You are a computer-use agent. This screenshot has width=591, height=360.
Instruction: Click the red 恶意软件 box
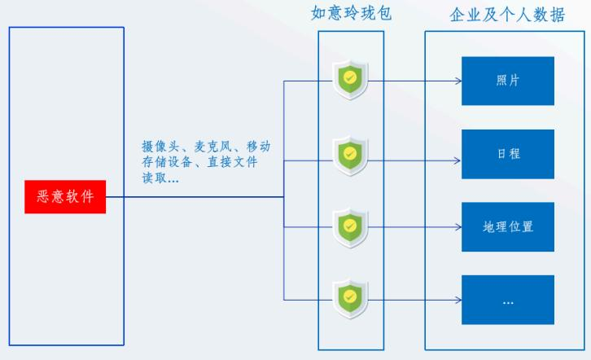(65, 197)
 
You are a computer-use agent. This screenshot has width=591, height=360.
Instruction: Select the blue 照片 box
(508, 81)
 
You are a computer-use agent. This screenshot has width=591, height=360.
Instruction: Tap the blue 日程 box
(508, 154)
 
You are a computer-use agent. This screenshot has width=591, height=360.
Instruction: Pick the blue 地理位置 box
(508, 226)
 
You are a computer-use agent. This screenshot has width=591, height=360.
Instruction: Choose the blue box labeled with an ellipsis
(508, 300)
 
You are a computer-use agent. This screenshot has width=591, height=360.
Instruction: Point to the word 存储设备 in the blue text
(167, 163)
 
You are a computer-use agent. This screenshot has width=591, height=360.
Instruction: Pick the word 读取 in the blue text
(154, 178)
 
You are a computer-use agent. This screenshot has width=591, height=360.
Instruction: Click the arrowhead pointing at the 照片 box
(457, 81)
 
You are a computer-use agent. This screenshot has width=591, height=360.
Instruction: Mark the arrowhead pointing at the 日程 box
(457, 154)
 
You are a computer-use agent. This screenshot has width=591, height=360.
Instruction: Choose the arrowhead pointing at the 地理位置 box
(457, 226)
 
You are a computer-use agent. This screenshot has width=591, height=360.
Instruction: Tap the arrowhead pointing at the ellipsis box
(457, 300)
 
